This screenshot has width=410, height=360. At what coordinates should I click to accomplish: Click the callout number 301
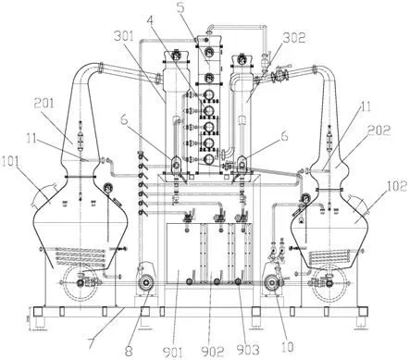point(124,36)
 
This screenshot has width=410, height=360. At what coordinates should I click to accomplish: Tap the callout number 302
point(293,37)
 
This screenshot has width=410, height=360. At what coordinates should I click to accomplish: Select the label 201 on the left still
point(43,104)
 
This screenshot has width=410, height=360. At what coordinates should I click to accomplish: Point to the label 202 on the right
point(379,130)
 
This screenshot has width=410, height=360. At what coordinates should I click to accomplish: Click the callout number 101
point(11,161)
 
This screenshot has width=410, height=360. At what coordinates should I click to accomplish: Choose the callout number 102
point(397,186)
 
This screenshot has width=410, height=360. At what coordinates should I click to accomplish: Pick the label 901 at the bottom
point(173,352)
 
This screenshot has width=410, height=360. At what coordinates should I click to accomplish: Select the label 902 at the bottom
point(212,352)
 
